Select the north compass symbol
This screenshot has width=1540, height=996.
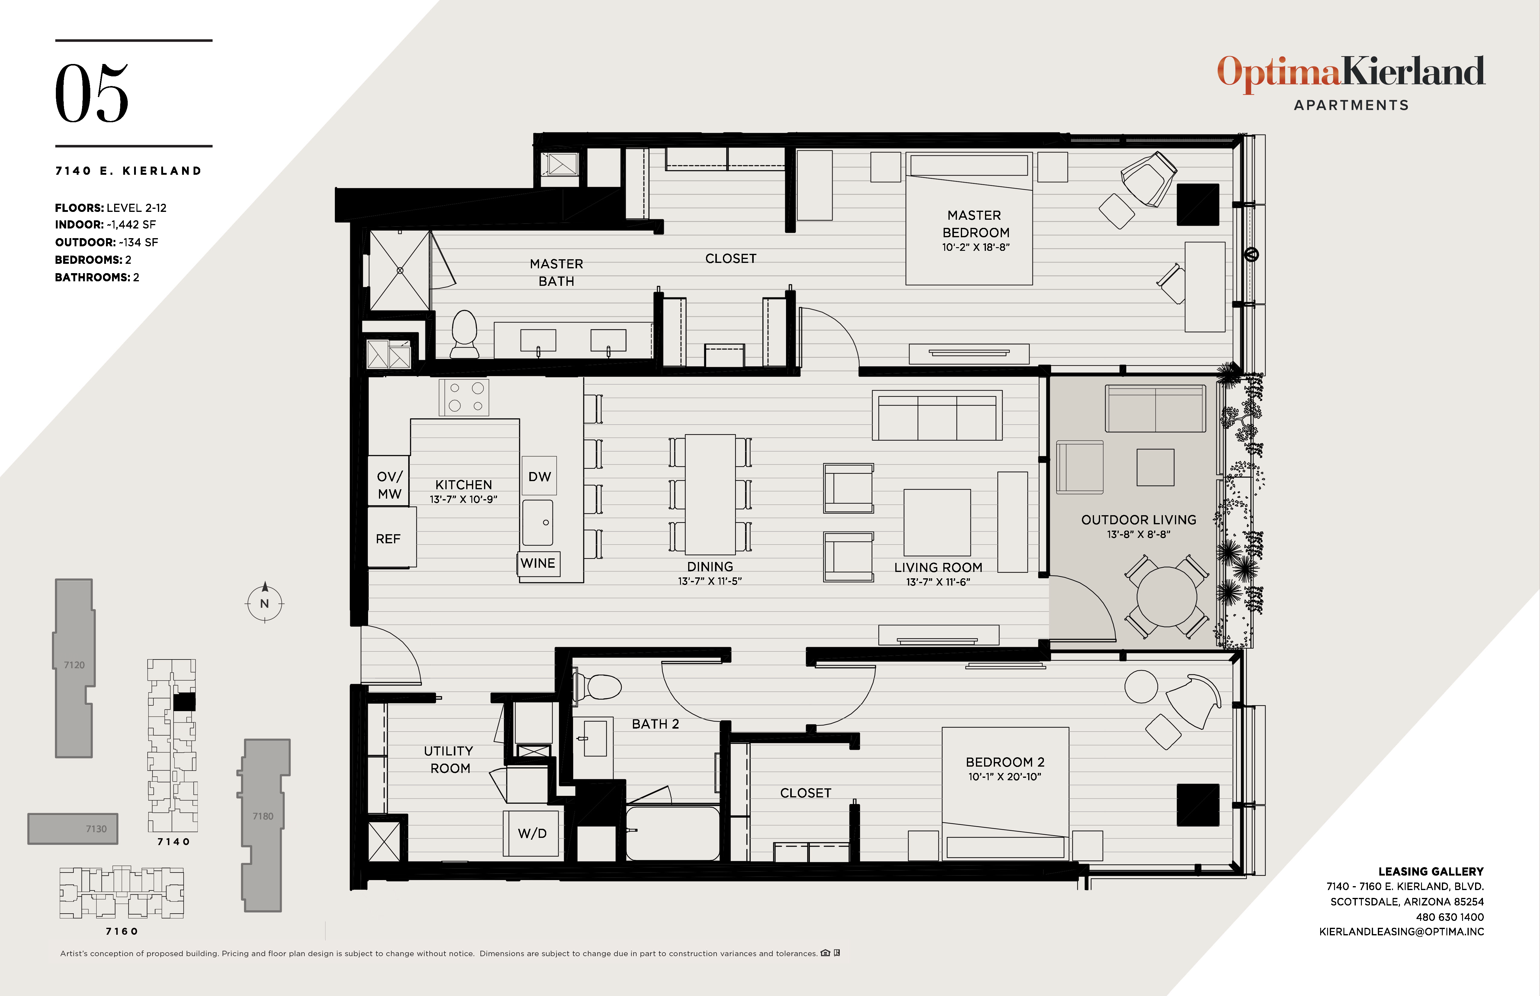coord(265,603)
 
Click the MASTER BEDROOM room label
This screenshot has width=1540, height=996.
coord(975,224)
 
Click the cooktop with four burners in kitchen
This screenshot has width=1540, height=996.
coord(464,397)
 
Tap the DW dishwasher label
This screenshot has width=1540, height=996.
coord(539,477)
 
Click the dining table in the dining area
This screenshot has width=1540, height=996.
coord(710,494)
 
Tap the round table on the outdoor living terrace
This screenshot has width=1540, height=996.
coord(1167,596)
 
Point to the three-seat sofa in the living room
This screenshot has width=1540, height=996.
coord(937,416)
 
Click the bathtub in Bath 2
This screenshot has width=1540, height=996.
coord(673,833)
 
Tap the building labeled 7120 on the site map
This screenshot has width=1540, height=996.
coord(74,666)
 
